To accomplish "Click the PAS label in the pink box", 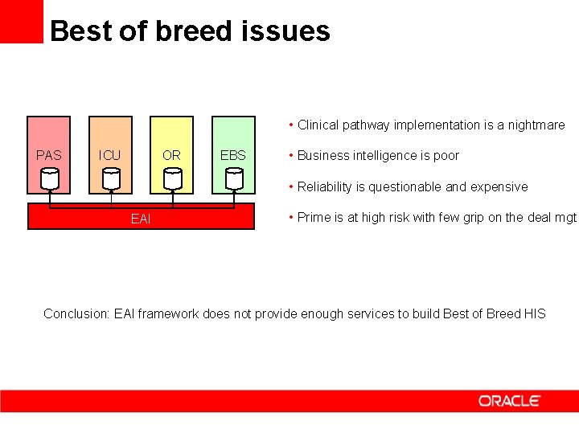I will (48, 155).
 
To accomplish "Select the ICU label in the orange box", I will (109, 155).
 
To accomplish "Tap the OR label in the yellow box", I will (171, 155).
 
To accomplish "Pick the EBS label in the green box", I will (233, 155).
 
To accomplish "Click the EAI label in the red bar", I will (140, 218).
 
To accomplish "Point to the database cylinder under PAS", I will (50, 178).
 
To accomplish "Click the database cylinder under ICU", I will (111, 178).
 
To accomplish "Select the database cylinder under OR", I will (173, 178).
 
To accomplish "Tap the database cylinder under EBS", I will (234, 178).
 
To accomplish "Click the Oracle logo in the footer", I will (510, 400).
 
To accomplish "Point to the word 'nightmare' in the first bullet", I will (536, 125).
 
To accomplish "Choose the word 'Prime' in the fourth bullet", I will (314, 218).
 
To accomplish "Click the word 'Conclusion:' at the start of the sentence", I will (76, 313).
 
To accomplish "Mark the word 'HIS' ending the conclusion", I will (535, 313).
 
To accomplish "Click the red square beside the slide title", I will (22, 21).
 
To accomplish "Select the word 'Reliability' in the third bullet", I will (325, 186).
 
